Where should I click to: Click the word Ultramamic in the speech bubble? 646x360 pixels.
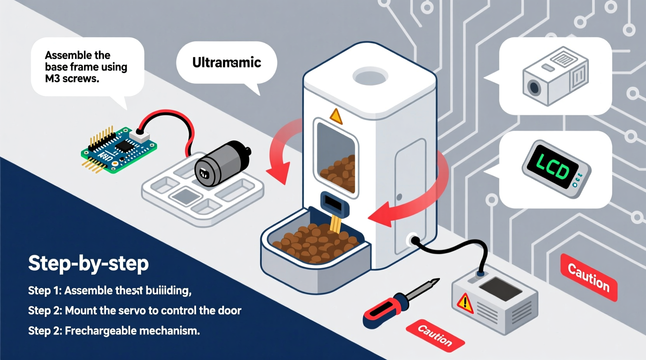coord(226,62)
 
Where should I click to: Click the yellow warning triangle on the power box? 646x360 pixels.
coord(465,303)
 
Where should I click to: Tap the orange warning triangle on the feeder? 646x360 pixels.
coord(336,116)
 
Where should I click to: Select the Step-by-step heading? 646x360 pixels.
coord(89,263)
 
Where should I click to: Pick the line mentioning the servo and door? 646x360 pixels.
coord(134,311)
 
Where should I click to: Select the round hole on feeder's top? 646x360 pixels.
coord(370,76)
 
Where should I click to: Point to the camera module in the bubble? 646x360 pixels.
coord(555,76)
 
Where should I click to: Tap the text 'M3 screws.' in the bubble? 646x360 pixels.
coord(72,79)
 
